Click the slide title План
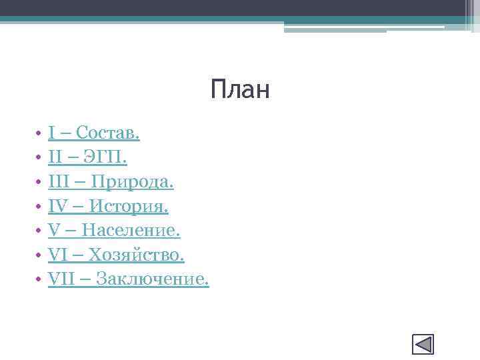[240, 89]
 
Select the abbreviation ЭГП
[105, 158]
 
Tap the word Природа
[132, 182]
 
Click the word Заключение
[153, 279]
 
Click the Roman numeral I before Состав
[51, 133]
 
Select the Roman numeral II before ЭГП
[55, 158]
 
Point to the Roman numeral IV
[57, 207]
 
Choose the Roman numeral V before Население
[53, 231]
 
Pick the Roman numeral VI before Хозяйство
[56, 255]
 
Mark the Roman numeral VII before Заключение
[60, 279]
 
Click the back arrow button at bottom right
[423, 344]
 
